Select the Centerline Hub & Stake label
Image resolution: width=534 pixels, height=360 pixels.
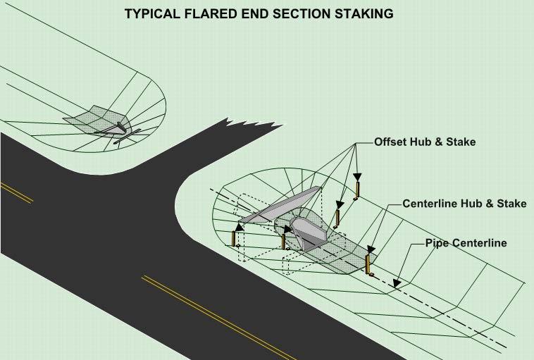[x=464, y=204]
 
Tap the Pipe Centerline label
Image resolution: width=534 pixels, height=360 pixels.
[x=466, y=243]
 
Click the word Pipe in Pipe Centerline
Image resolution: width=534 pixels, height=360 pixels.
[x=435, y=243]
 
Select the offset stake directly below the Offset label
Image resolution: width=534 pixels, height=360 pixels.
[x=358, y=190]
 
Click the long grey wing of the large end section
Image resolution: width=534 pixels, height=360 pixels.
[x=281, y=206]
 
